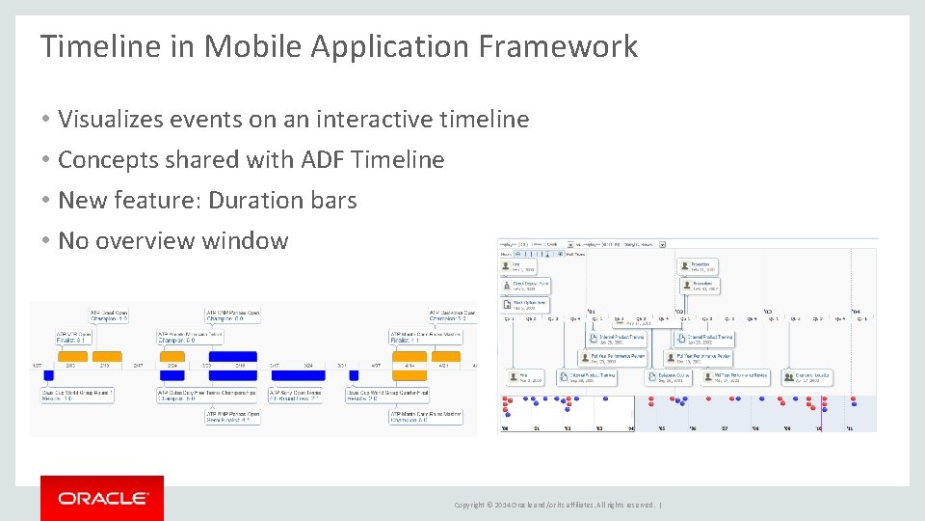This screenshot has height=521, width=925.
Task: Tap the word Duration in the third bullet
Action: (x=254, y=201)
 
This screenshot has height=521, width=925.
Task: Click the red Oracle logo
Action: (x=102, y=498)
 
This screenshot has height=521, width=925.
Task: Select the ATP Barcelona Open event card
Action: (x=451, y=315)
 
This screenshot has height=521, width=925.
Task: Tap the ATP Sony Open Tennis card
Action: (x=295, y=395)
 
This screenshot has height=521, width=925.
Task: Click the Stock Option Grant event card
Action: (x=525, y=304)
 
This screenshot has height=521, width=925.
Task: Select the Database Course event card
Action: (x=668, y=377)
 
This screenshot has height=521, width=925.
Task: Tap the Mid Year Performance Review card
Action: (x=734, y=377)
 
